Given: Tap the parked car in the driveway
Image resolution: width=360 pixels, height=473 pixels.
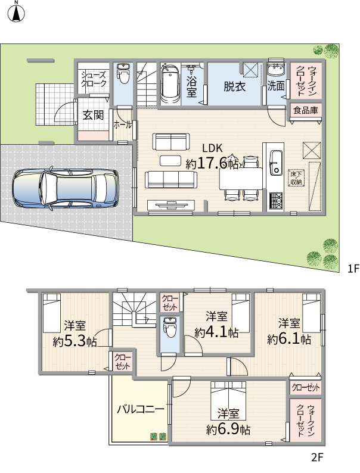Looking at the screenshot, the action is click(x=65, y=188).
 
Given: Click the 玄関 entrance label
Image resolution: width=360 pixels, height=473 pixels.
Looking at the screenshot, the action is click(x=93, y=114).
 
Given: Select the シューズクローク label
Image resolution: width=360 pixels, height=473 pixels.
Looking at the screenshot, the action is click(x=94, y=79).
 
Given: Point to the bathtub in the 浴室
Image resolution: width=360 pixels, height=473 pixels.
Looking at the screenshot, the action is click(x=170, y=83).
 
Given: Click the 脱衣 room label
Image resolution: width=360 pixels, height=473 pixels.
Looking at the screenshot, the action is click(x=234, y=86).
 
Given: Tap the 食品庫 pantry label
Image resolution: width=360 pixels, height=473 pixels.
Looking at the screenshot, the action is click(x=306, y=110).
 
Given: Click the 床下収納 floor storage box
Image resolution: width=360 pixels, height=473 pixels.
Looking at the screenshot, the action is click(x=296, y=178).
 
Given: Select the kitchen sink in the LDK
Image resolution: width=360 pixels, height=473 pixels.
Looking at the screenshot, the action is click(x=275, y=163).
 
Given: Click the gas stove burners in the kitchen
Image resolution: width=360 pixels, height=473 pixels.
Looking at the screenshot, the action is click(x=276, y=201).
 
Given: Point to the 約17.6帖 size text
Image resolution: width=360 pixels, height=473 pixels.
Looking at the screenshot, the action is click(x=212, y=163).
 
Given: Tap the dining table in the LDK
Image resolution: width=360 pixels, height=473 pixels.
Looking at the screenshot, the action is click(x=241, y=179).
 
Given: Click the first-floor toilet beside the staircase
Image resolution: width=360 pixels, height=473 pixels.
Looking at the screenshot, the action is click(x=123, y=74).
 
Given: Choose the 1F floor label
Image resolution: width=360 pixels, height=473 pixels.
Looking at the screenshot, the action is click(x=353, y=269).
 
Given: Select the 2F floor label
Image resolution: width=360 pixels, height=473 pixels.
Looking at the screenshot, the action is click(x=317, y=458).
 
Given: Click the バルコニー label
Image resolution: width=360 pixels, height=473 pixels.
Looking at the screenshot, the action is click(x=141, y=409).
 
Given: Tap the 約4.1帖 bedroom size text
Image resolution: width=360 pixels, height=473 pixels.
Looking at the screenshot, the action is click(x=216, y=332).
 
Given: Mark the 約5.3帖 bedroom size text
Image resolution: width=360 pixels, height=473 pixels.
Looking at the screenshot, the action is click(x=75, y=341).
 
